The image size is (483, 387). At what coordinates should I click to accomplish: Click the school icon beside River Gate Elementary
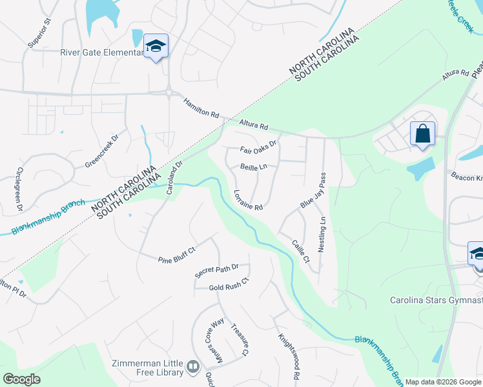[155, 46]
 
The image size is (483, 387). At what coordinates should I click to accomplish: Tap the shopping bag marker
[422, 134]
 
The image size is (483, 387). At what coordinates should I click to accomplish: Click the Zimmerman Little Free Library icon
[193, 367]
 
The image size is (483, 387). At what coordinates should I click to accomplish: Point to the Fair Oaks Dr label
[258, 148]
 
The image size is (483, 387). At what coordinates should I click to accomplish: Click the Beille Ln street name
[253, 166]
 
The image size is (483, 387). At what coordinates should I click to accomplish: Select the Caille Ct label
[301, 252]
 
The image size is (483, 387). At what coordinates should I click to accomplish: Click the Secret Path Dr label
[217, 271]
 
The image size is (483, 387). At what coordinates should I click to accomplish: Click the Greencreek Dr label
[102, 152]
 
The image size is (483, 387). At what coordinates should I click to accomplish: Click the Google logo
[21, 379]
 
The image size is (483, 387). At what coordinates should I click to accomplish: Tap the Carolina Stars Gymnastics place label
[436, 301]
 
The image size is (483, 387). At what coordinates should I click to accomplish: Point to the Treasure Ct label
[239, 339]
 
